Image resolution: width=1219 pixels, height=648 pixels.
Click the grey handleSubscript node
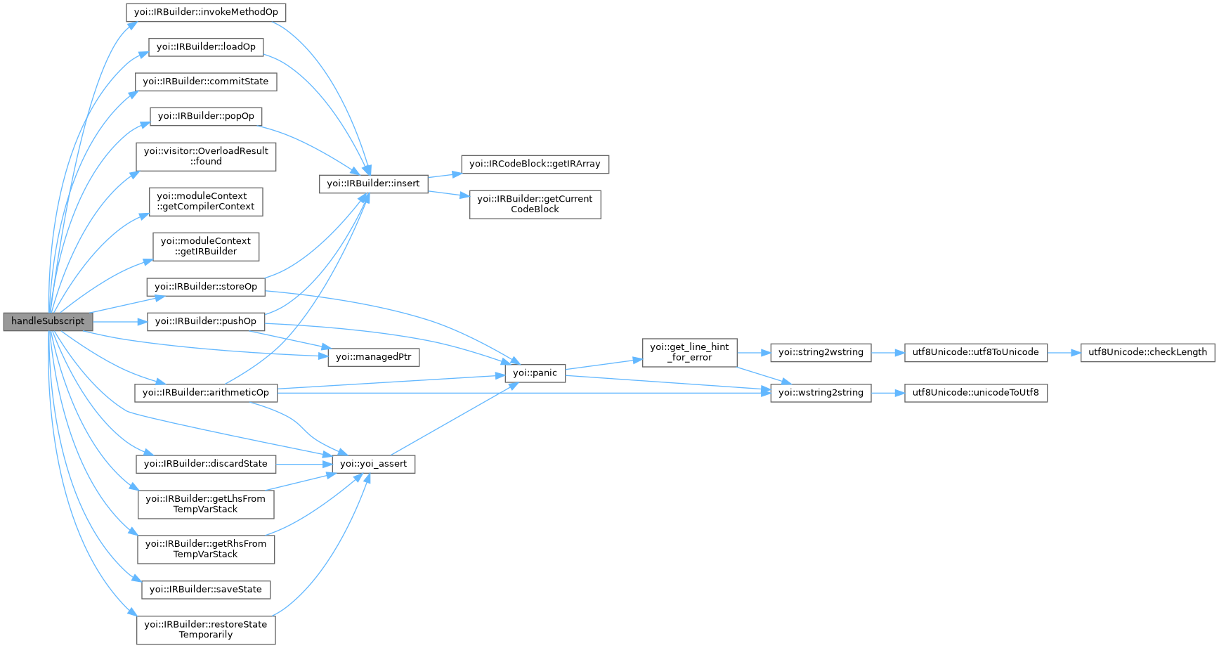(48, 321)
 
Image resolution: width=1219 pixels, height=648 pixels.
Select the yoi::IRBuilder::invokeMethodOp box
(206, 12)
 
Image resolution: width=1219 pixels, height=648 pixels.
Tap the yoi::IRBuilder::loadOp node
(206, 46)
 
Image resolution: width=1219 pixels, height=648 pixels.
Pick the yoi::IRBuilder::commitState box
(206, 82)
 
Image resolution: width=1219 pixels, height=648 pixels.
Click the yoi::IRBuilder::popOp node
(206, 116)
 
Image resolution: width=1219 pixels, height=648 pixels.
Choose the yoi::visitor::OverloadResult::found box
(206, 156)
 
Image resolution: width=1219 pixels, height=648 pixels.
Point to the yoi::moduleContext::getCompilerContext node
(206, 201)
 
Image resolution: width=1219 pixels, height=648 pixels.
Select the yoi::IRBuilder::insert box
(373, 183)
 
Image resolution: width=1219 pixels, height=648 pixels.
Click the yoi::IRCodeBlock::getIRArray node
(535, 164)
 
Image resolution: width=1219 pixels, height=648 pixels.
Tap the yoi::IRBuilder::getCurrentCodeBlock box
(535, 204)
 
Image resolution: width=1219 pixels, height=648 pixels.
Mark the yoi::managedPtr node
(373, 357)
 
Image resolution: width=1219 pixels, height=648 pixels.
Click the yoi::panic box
(535, 373)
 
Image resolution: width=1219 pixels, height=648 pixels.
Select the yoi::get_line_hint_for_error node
(689, 352)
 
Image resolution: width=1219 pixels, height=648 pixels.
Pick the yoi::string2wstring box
(821, 352)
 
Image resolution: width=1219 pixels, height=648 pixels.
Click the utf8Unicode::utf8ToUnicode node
(975, 352)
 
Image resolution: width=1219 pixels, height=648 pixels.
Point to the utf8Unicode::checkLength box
(1147, 352)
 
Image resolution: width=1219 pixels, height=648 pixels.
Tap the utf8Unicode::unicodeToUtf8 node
(975, 392)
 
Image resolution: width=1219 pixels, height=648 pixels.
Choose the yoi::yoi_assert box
(373, 464)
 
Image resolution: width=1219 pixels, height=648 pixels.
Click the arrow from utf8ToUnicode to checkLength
(1064, 352)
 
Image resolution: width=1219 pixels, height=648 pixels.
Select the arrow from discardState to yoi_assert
(304, 464)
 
